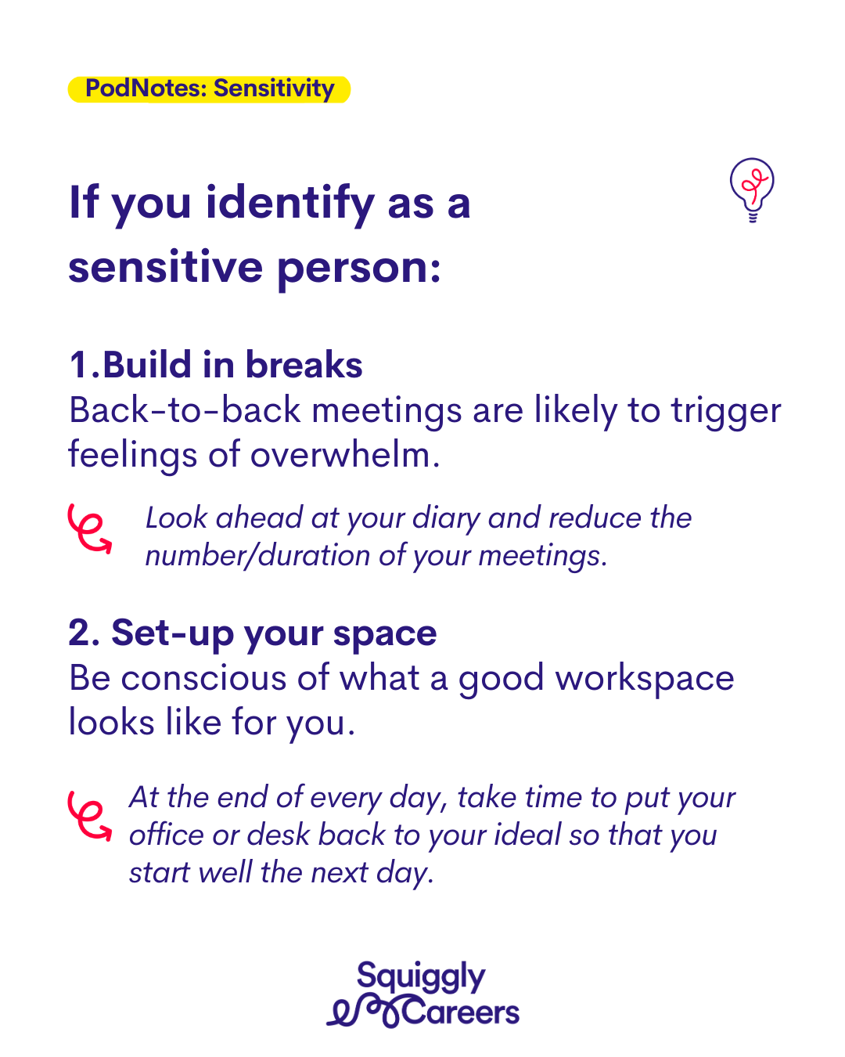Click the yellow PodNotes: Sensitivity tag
[x=209, y=89]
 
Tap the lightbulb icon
[x=751, y=189]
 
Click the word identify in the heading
[x=290, y=204]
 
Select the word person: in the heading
[x=359, y=269]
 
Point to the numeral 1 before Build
[x=78, y=364]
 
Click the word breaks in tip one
[x=304, y=364]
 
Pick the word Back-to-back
[x=185, y=409]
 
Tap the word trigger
[x=726, y=413]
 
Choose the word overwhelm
[x=345, y=454]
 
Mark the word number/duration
[x=257, y=557]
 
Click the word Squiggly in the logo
[x=421, y=977]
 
